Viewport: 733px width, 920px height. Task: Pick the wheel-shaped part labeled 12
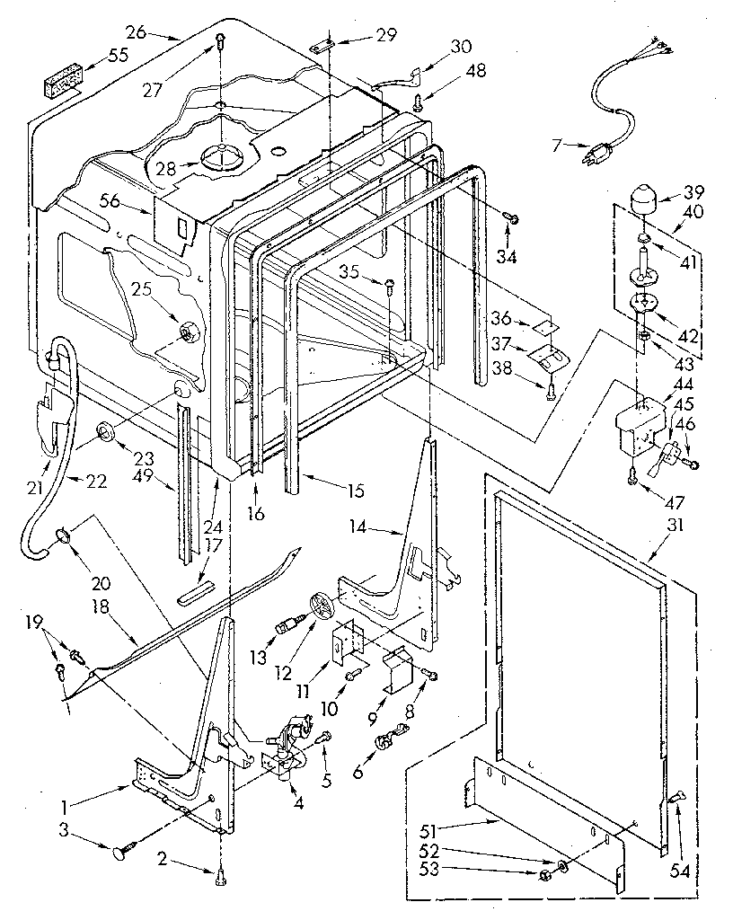point(322,605)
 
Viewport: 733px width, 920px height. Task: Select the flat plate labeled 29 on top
point(324,49)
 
